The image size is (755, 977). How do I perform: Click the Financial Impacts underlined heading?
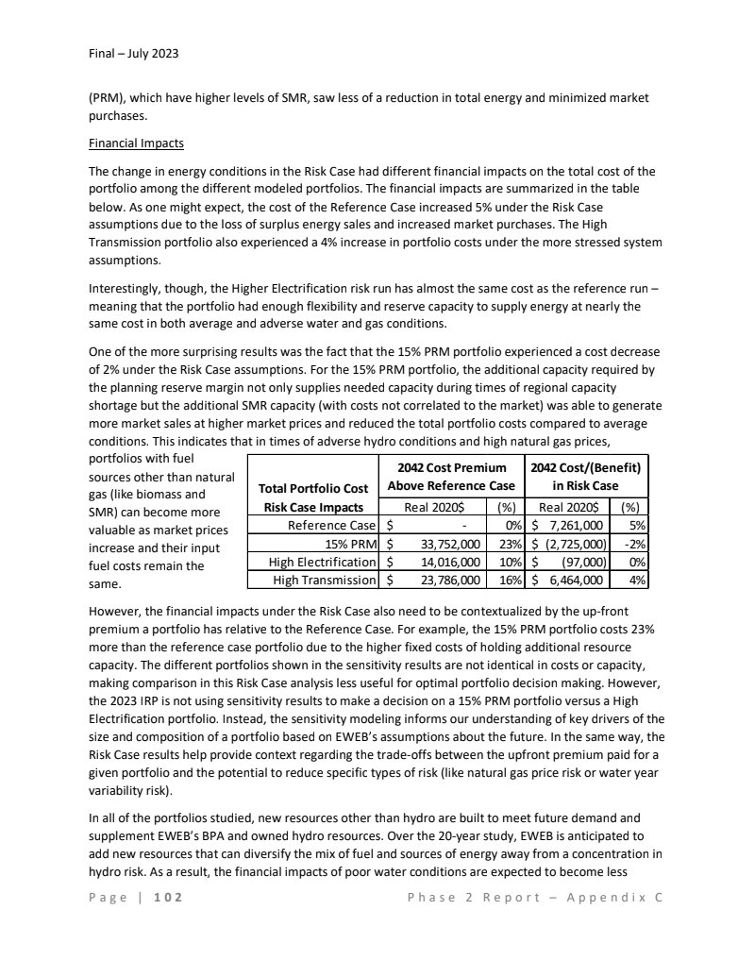(136, 144)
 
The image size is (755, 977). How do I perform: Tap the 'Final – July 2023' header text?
(127, 53)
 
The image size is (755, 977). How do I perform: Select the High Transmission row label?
(325, 579)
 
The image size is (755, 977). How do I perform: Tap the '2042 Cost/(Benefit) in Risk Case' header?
(587, 478)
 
